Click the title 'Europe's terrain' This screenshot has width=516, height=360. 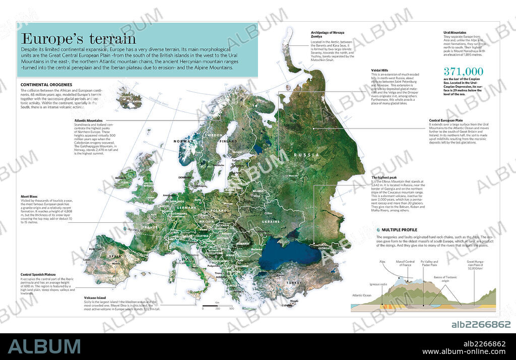(x=78, y=38)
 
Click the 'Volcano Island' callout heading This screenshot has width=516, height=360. (x=96, y=297)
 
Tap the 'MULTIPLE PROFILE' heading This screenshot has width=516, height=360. (x=400, y=230)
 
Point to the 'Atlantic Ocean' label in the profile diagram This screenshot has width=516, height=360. (x=362, y=295)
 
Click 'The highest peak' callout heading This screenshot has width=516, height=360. (x=384, y=178)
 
